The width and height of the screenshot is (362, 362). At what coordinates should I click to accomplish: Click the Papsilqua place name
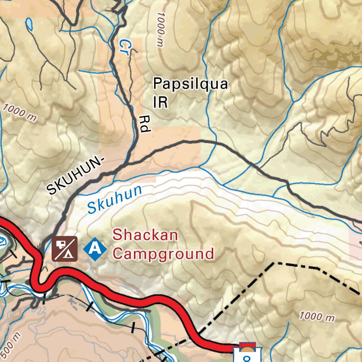point(190,85)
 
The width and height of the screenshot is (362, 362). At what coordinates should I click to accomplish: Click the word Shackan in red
point(145,235)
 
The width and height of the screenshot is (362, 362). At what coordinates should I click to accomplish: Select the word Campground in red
point(163,254)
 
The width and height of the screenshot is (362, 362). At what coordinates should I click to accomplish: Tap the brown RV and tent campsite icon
point(65,249)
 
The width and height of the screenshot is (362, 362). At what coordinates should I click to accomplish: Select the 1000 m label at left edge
point(19,112)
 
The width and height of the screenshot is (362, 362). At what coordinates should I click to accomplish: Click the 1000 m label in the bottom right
point(317,316)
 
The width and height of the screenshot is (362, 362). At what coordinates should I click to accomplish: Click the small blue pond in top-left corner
point(29,24)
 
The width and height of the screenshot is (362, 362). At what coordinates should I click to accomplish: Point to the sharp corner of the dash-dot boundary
point(274,263)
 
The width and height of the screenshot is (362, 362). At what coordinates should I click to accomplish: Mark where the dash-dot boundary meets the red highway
point(200,332)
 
